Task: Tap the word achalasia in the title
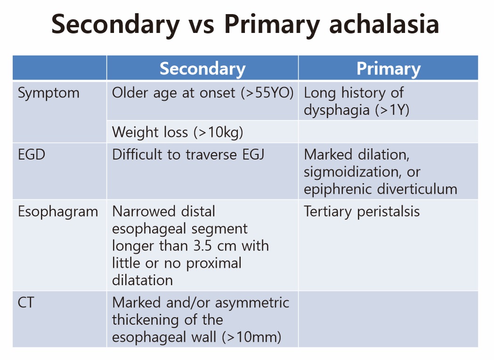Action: tap(384, 24)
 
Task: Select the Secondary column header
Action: tap(202, 69)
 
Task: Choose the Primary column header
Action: tap(389, 69)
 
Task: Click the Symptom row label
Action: tap(49, 94)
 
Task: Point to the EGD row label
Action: tap(32, 155)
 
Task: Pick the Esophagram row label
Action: tap(58, 212)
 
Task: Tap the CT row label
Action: tap(26, 303)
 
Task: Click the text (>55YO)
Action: tap(267, 93)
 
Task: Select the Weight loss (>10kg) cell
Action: tap(178, 132)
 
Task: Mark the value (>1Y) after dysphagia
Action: tap(392, 110)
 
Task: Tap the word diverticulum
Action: tap(417, 189)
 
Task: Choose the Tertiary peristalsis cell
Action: tap(362, 212)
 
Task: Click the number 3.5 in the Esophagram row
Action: tap(202, 246)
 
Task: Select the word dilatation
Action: tap(142, 280)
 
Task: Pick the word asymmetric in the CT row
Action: tap(252, 303)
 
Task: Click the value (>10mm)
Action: tap(251, 337)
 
